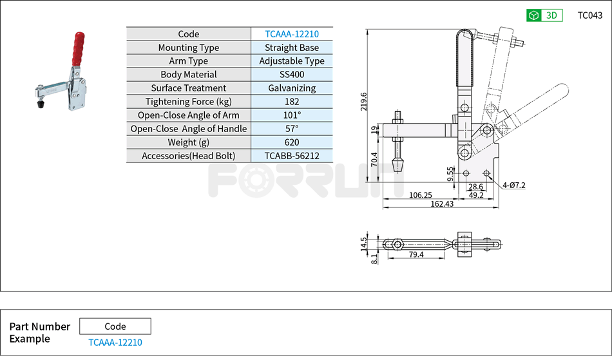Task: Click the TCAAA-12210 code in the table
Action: click(292, 34)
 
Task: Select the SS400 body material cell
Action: click(292, 75)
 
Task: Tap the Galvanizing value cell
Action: click(292, 88)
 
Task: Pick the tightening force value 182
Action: click(292, 102)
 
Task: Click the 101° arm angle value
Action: click(292, 115)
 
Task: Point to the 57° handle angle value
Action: click(292, 129)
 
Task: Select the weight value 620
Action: click(292, 142)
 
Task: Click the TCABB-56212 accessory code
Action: click(292, 156)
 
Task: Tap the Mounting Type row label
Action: click(188, 48)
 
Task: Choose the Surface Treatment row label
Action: click(188, 88)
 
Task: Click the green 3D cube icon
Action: click(533, 15)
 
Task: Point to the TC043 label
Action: click(589, 15)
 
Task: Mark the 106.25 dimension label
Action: click(420, 194)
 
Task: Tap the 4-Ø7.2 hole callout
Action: click(513, 185)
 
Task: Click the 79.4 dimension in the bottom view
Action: click(416, 254)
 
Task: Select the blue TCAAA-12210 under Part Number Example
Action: click(115, 343)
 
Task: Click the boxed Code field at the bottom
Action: click(115, 327)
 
